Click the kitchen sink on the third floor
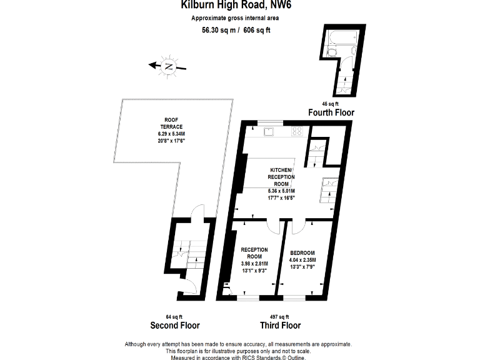[x=269, y=131]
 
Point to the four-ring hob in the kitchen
[x=298, y=131]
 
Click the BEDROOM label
[x=302, y=253]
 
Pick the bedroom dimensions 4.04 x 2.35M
[x=302, y=260]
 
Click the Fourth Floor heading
[x=331, y=112]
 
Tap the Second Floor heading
[x=175, y=325]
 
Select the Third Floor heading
[x=280, y=325]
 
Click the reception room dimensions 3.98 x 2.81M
[x=254, y=264]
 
